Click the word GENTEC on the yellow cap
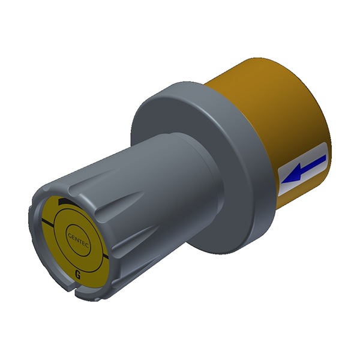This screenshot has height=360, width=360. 79,240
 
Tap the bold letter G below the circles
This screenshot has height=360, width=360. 78,275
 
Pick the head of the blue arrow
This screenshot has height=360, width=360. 291,175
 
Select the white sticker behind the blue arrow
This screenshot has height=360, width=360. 302,169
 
